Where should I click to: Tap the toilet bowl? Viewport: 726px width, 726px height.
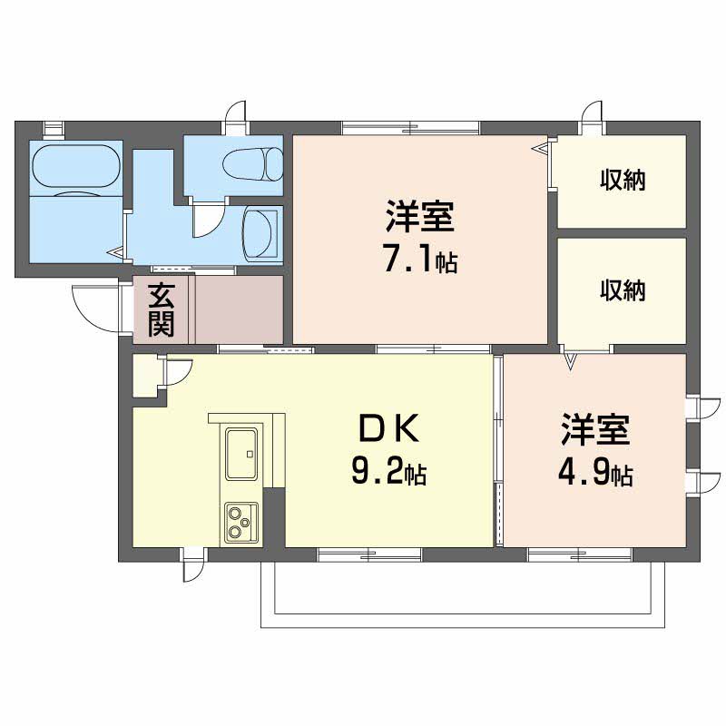coord(252,164)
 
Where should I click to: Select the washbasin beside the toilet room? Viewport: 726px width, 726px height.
coord(260,233)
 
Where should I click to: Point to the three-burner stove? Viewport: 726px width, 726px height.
coord(241,523)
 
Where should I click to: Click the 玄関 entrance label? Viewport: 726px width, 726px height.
coord(162,309)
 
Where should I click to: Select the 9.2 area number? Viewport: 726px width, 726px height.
coord(378,470)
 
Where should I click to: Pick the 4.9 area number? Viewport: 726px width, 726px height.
coord(584,471)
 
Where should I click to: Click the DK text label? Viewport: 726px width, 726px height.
coord(389,428)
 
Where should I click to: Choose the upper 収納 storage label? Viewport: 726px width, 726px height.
coord(623,180)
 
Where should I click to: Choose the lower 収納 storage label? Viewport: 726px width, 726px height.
coord(623,290)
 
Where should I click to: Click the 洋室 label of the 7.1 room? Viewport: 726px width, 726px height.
coord(420,216)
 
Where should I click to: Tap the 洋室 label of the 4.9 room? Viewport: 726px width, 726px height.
coord(595,429)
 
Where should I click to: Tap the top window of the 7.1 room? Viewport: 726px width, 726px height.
coord(411,127)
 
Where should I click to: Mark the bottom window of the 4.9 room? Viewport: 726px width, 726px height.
coord(580,554)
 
